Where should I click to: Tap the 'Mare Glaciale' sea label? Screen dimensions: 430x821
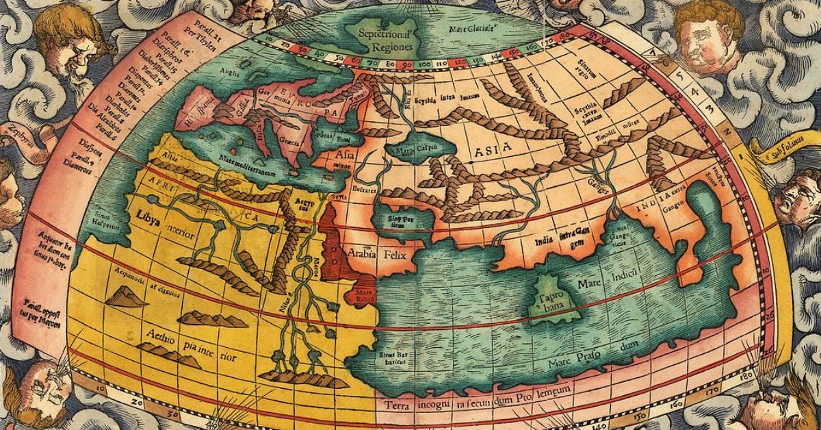(x=472, y=31)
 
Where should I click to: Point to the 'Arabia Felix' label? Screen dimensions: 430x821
(x=373, y=254)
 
